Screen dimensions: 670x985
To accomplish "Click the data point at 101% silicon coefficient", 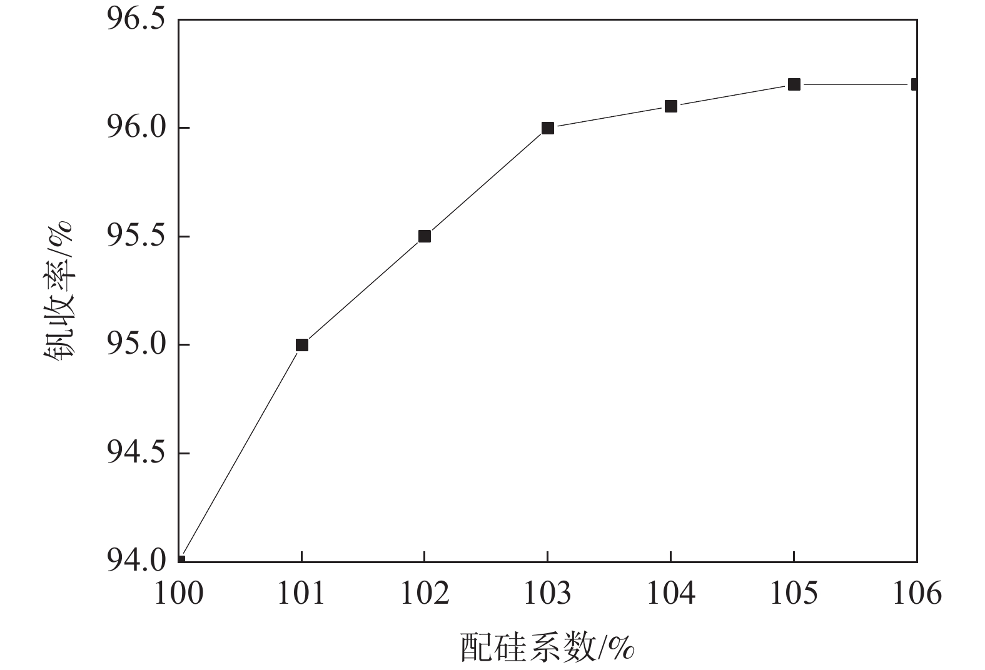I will (x=302, y=345).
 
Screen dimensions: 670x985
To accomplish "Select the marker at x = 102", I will (x=425, y=236).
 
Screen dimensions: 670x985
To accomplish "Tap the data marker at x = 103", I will (x=548, y=128).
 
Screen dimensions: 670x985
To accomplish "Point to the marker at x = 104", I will (x=671, y=106).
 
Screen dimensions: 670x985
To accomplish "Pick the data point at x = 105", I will (x=794, y=84).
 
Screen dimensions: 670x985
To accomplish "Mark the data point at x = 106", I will (x=915, y=84).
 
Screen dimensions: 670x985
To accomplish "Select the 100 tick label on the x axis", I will (x=179, y=593).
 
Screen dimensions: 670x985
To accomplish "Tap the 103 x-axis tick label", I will (x=548, y=593).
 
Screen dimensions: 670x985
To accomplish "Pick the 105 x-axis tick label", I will (x=794, y=593).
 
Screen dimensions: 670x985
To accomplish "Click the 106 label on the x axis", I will (x=917, y=593).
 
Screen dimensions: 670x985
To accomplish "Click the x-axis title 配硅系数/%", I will (x=548, y=647).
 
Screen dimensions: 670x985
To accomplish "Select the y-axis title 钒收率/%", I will (x=60, y=291).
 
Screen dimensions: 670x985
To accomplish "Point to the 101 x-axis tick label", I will (x=302, y=593).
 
